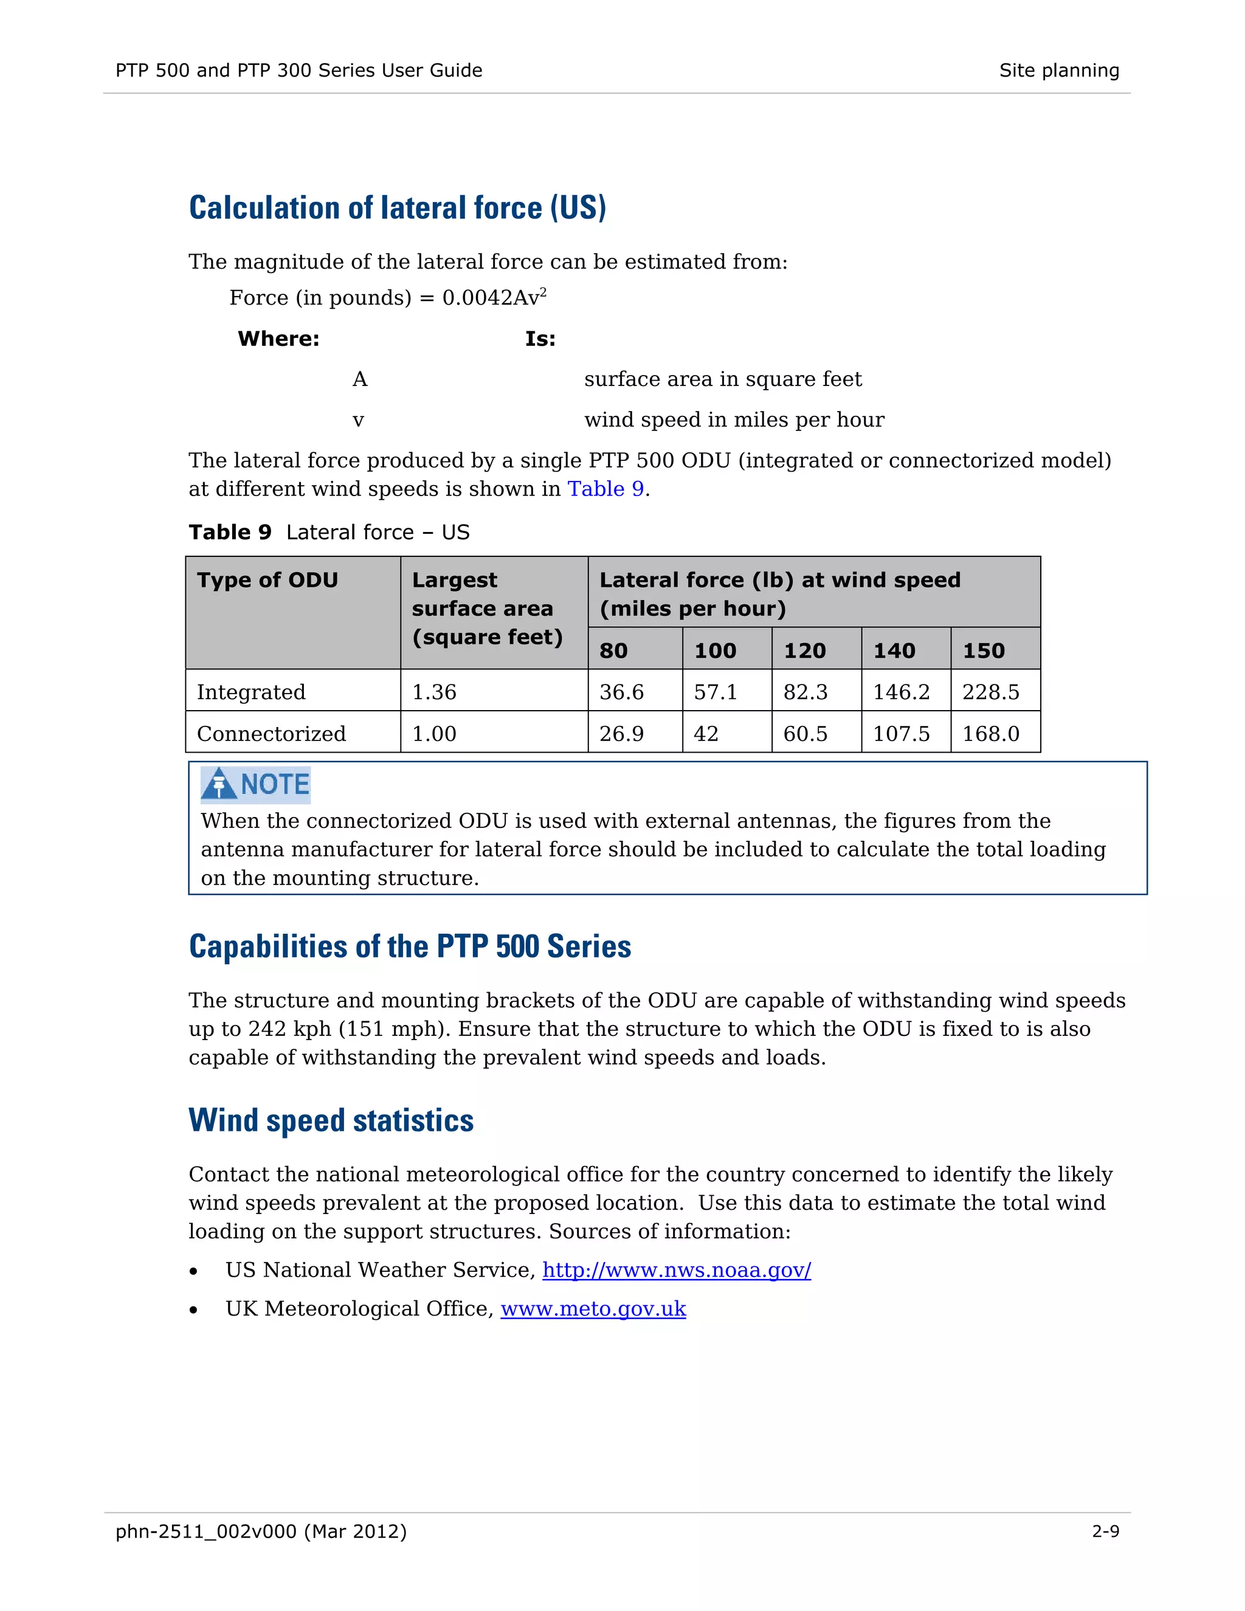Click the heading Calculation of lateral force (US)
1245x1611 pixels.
pos(398,208)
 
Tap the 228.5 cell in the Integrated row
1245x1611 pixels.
pos(990,692)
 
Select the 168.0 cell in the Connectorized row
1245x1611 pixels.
pos(990,734)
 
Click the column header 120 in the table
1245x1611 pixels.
pos(805,650)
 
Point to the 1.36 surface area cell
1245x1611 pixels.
pos(435,692)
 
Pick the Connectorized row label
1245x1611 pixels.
pos(271,734)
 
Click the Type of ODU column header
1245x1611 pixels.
pos(267,580)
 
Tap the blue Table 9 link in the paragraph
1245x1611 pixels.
pos(605,489)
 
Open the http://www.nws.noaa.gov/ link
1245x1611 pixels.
pos(677,1270)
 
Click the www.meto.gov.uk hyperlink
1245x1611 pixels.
pos(593,1309)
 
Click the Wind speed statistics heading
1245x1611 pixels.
pos(331,1120)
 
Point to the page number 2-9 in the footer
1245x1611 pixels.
pos(1105,1531)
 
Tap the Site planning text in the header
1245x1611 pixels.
pos(1058,71)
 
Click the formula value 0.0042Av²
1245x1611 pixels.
pos(494,298)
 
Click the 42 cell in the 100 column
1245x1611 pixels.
pos(706,734)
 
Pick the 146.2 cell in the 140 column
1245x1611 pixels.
pos(902,692)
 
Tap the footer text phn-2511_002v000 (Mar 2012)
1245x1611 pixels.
pos(261,1531)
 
